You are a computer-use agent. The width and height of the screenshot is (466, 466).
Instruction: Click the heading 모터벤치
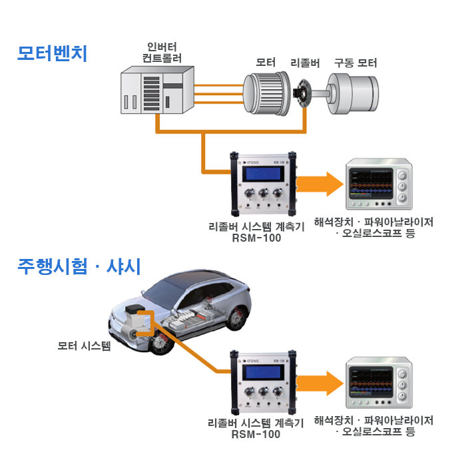[52, 53]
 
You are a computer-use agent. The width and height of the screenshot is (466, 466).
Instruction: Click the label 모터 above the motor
[266, 63]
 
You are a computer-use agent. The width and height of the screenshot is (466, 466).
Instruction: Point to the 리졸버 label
[306, 63]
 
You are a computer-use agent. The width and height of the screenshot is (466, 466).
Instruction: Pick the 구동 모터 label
[355, 63]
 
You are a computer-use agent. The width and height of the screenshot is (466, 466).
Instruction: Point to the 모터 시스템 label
[84, 346]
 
